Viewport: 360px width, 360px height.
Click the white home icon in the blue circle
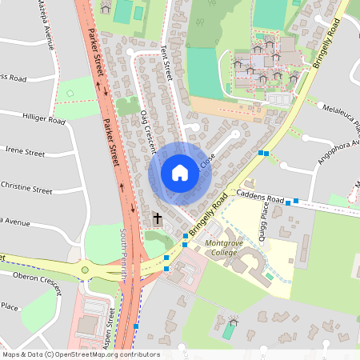[180, 172]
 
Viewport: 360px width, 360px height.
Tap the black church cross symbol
[157, 218]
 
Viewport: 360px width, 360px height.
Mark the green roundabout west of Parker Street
[85, 270]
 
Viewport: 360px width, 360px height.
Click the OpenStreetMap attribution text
[80, 354]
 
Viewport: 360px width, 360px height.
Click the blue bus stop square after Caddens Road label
[297, 201]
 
